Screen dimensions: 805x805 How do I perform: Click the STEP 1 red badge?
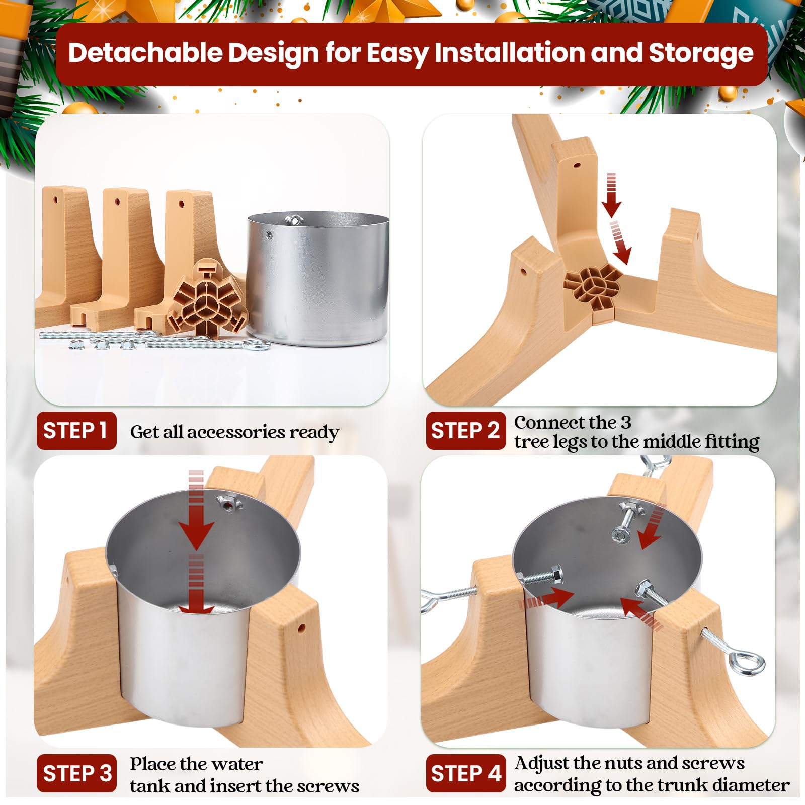76,431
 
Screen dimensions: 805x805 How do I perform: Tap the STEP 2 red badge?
465,431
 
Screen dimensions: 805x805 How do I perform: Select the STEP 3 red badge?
76,773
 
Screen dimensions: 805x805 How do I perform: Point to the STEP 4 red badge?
465,773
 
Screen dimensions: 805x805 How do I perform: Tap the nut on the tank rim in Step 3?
228,503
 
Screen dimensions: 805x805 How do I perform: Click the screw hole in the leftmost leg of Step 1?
56,200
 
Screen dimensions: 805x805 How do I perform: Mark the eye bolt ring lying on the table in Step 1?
256,345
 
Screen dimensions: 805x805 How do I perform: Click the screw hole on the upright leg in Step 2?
577,165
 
